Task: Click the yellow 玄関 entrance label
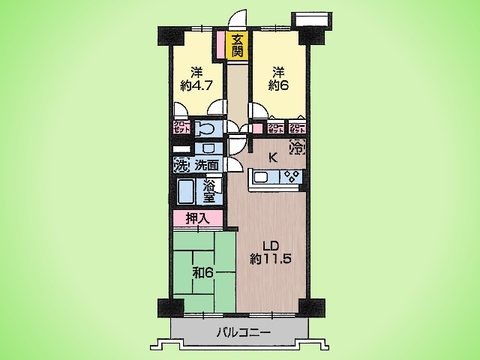click(x=237, y=46)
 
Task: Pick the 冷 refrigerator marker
click(x=298, y=148)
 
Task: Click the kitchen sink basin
click(x=263, y=179)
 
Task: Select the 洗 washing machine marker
click(x=182, y=166)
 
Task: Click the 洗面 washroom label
click(x=206, y=166)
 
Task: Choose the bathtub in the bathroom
click(x=187, y=193)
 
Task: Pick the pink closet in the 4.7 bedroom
click(x=181, y=129)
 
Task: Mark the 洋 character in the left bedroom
click(x=198, y=71)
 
